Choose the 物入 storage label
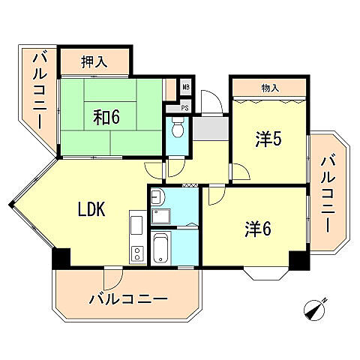[270, 88]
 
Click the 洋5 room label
[268, 139]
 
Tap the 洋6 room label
[257, 229]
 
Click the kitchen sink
[136, 224]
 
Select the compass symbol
[315, 309]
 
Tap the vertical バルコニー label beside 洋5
[328, 192]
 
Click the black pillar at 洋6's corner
[299, 260]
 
